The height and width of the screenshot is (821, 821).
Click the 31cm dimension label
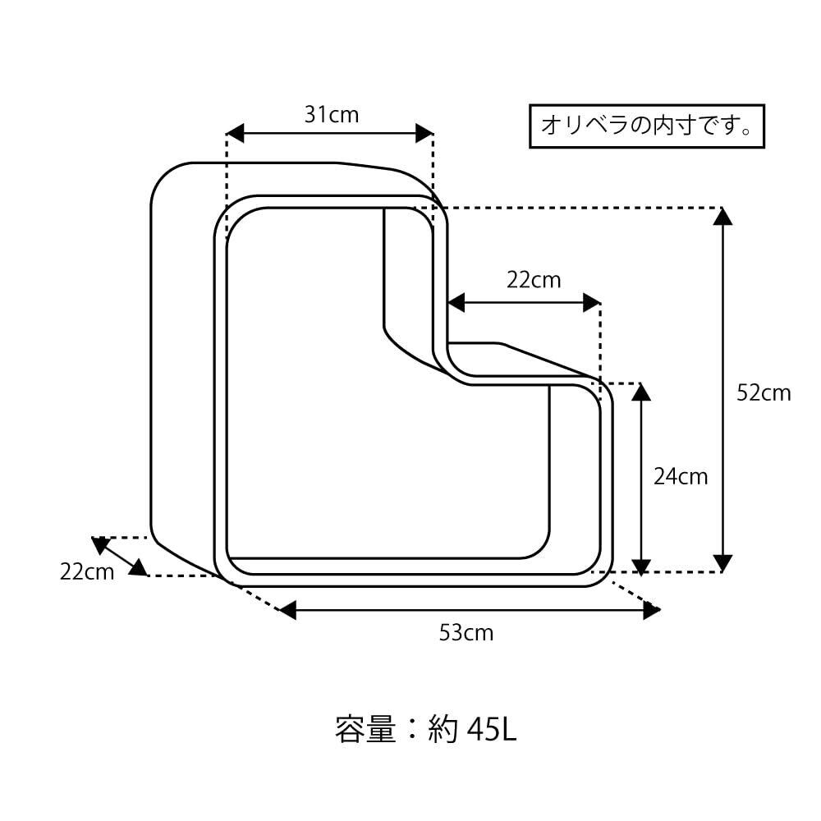click(x=332, y=115)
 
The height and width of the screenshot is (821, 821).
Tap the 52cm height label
click(x=764, y=392)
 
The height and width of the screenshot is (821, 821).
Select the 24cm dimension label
click(x=681, y=476)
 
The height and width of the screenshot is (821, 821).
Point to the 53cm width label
click(x=466, y=632)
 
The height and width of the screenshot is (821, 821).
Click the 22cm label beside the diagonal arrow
click(x=87, y=571)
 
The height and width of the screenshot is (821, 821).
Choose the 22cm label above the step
click(x=534, y=280)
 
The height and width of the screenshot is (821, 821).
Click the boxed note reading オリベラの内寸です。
click(x=647, y=126)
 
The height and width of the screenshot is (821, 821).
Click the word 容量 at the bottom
click(x=365, y=729)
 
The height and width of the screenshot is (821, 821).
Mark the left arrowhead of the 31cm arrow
click(x=235, y=134)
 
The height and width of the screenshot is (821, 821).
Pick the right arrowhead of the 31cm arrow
click(x=424, y=134)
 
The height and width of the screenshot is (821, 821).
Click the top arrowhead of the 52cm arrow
click(x=723, y=217)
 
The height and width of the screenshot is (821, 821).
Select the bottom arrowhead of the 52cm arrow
click(x=723, y=563)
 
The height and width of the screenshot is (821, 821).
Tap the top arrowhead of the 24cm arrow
click(x=641, y=392)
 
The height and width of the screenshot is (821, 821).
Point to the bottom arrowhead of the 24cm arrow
click(x=641, y=567)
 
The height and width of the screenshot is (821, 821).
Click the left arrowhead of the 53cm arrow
click(x=288, y=610)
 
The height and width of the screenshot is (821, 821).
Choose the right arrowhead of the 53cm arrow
click(x=652, y=610)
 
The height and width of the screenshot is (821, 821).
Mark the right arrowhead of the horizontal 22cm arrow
click(x=592, y=303)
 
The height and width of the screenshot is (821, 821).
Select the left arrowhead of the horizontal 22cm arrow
click(x=456, y=303)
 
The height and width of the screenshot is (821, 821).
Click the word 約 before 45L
click(x=443, y=729)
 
